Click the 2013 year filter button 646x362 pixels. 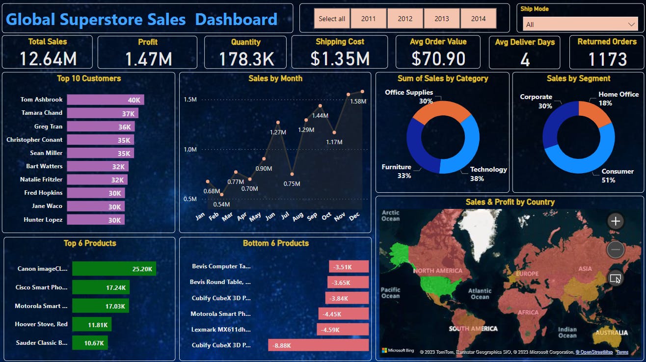point(442,19)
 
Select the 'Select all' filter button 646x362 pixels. point(332,19)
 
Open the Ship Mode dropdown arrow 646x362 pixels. point(631,24)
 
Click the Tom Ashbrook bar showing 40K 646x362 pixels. point(106,100)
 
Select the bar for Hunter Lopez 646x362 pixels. point(96,220)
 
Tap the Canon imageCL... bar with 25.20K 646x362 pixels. point(114,269)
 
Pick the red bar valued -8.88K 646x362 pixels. point(318,345)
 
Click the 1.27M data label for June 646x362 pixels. point(278,132)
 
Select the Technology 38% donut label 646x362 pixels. point(488,174)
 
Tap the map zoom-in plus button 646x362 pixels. point(616,221)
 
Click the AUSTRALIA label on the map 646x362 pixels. point(611,333)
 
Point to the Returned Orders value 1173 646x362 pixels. point(607,59)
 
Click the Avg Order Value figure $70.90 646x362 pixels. point(438,59)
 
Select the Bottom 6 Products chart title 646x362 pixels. point(275,243)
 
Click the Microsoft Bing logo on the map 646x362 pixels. point(398,351)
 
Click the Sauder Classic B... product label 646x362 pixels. point(42,343)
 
